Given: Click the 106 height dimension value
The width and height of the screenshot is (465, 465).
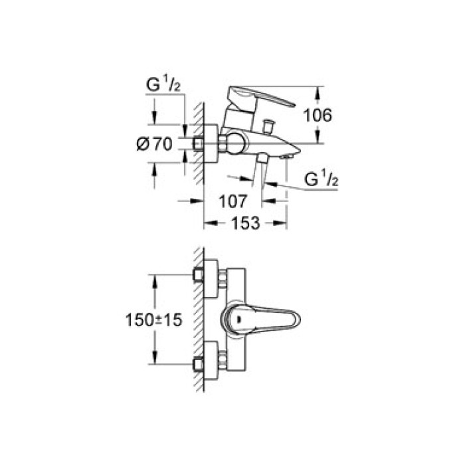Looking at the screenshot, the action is tap(318, 115).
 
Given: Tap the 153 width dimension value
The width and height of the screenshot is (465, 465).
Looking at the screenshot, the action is tap(245, 223).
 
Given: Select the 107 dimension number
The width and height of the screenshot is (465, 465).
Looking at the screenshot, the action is tap(232, 201).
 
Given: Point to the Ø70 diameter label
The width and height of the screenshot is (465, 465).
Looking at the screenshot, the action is tap(154, 144).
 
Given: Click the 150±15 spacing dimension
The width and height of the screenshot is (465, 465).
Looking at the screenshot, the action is tap(153, 320).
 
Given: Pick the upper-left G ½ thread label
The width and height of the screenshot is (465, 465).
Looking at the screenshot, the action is tap(163, 85).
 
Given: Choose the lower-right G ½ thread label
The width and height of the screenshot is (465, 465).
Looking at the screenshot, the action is tap(321, 179).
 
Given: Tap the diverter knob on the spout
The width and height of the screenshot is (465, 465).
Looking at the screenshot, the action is tap(268, 126).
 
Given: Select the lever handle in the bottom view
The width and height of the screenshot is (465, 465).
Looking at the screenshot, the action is tap(260, 320).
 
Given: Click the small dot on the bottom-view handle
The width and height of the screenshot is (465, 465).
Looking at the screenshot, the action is tap(239, 320).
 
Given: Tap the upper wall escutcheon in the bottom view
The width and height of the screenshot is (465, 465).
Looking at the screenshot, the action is tap(211, 278).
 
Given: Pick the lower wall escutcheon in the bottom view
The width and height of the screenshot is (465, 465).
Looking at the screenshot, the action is tap(211, 360).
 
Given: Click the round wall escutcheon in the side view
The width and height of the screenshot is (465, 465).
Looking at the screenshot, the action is tap(211, 143).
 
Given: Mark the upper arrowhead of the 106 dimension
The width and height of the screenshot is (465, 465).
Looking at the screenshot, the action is tap(318, 92).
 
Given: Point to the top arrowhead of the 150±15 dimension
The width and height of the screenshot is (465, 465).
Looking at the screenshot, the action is tap(155, 281).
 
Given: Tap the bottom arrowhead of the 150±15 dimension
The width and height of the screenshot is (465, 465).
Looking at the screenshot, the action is tap(155, 357).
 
